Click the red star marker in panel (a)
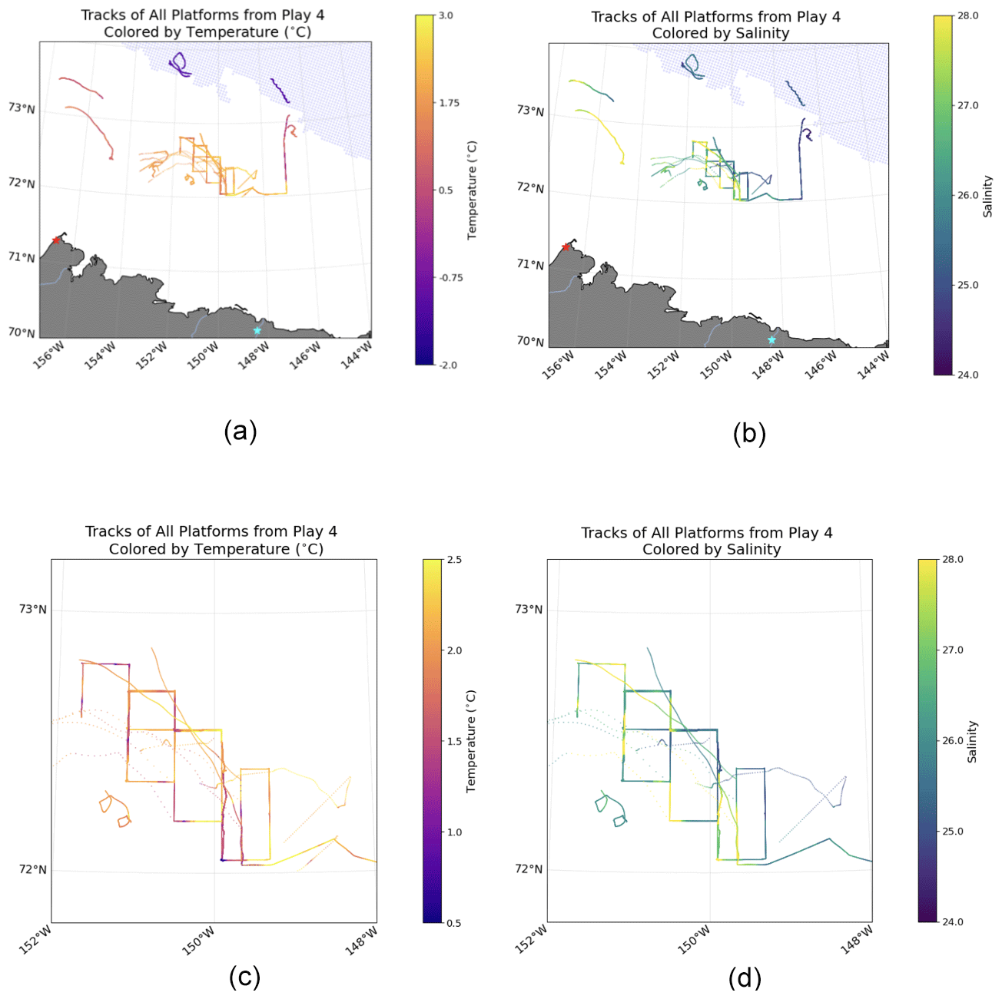coord(56,240)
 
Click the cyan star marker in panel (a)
coord(257,330)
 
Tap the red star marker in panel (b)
coord(566,246)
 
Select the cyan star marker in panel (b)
coord(771,339)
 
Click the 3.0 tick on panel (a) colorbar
coord(446,15)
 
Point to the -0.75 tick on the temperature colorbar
coord(450,278)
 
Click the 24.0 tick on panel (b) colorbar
coord(967,375)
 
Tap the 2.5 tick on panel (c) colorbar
coord(454,560)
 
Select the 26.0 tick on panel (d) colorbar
coord(953,741)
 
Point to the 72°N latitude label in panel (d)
coord(529,869)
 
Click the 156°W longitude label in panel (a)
coord(49,356)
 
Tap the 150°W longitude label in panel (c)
coord(198,942)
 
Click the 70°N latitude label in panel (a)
coord(22,332)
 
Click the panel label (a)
coord(241,431)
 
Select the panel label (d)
coord(745,977)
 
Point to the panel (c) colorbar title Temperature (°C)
coord(472,741)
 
